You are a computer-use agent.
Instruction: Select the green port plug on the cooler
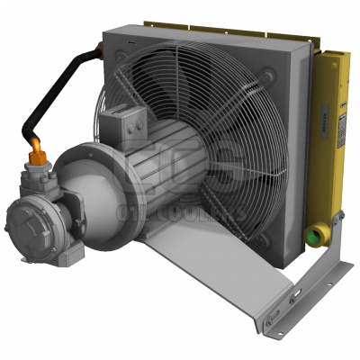click(316, 236)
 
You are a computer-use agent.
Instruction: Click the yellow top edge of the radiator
click(261, 32)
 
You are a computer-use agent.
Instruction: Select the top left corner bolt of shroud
click(121, 58)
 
